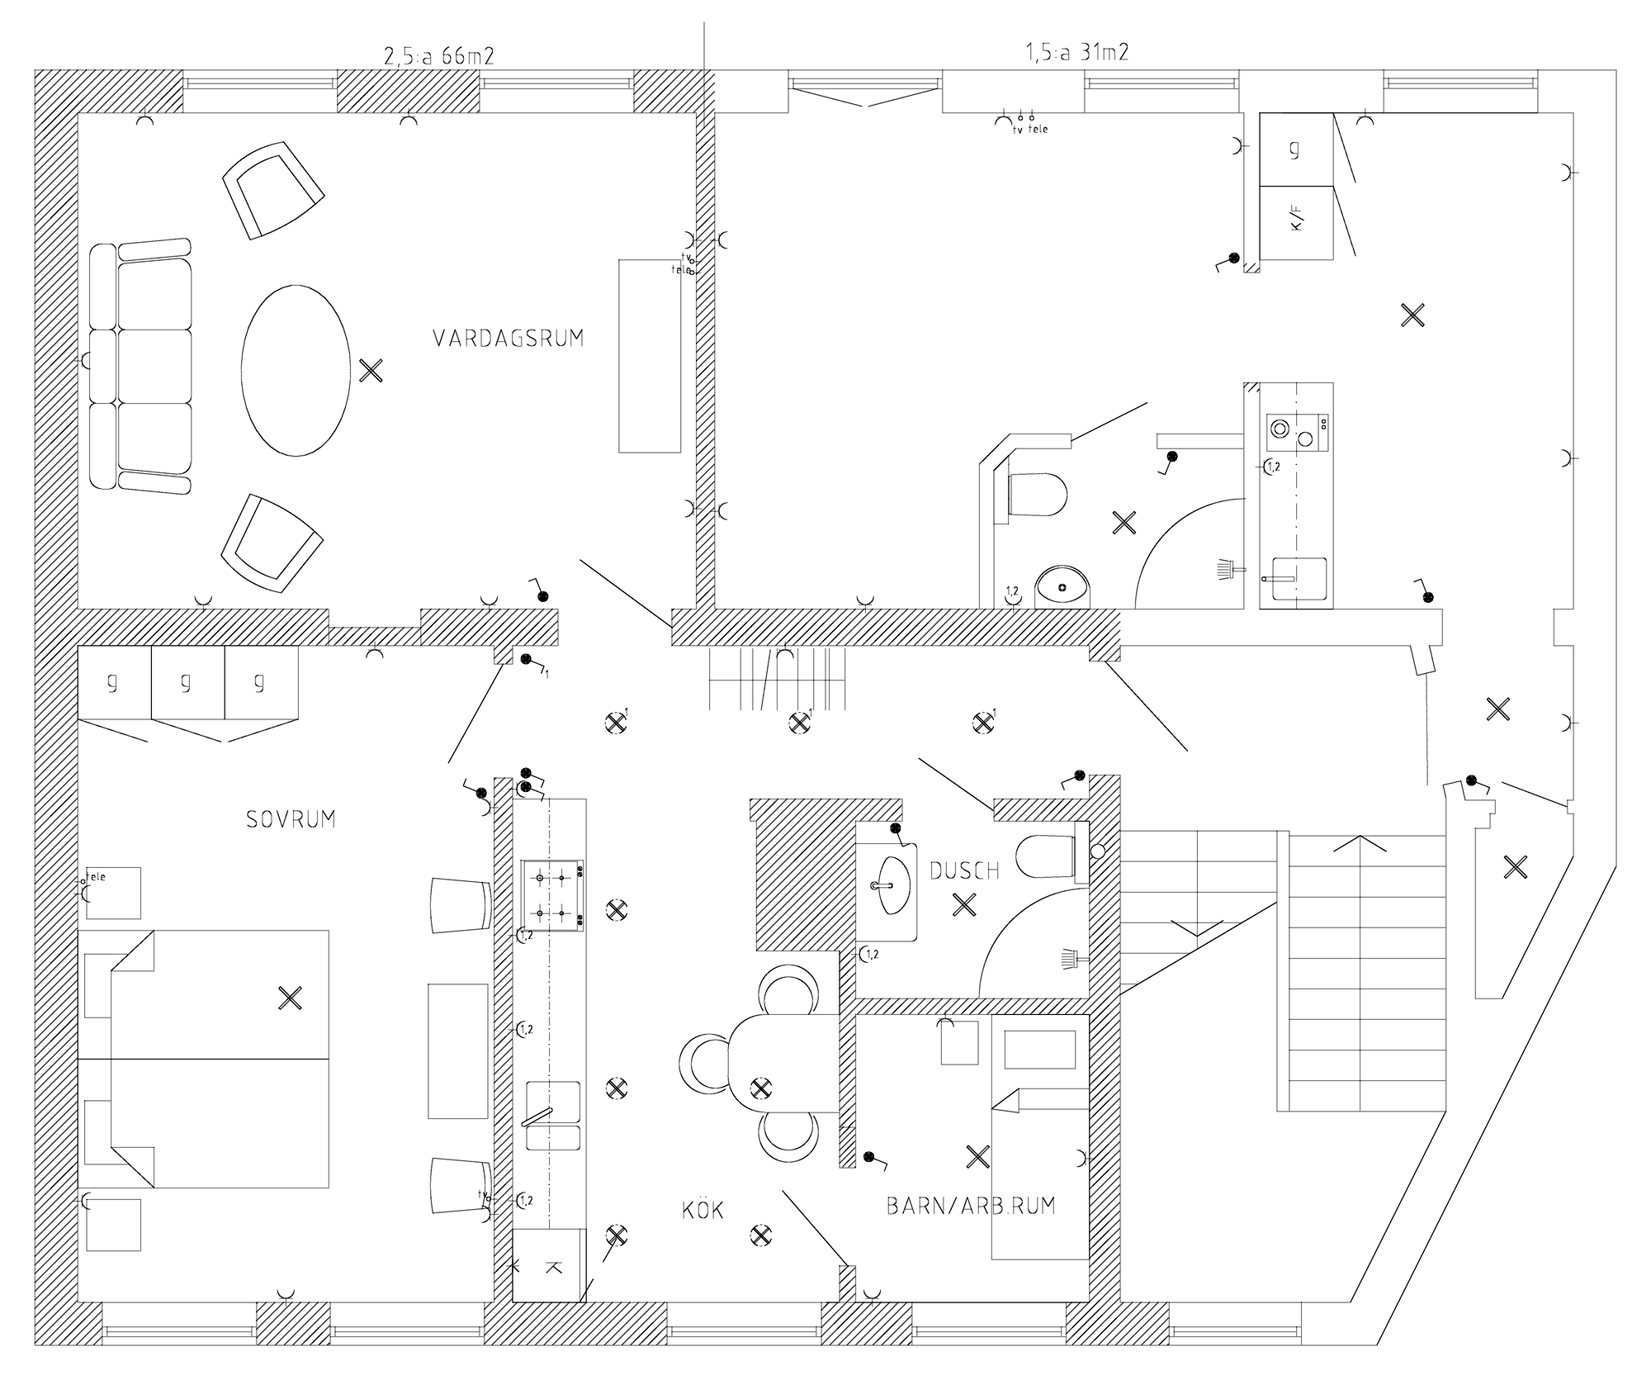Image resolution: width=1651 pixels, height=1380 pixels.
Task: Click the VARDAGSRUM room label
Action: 508,339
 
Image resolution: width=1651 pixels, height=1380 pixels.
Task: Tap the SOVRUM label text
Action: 291,819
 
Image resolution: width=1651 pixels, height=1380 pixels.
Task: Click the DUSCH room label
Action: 964,870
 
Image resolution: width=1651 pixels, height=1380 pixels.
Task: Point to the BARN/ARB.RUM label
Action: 971,1206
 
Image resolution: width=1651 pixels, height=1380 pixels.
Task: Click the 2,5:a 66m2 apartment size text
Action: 439,56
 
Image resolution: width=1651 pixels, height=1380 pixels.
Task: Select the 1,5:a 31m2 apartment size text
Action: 1076,53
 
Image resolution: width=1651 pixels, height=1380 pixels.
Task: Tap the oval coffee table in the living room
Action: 296,370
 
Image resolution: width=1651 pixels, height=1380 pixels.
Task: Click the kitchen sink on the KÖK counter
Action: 553,1115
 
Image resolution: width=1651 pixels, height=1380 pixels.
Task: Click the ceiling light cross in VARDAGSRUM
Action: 371,371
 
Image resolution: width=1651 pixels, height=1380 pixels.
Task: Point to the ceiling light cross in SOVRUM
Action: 290,998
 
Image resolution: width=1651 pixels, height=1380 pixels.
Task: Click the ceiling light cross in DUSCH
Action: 963,905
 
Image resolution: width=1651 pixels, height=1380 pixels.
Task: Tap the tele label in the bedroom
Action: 96,877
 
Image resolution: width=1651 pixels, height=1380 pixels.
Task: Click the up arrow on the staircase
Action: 1358,844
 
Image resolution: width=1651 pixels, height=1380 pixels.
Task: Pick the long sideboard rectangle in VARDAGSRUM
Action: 650,356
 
